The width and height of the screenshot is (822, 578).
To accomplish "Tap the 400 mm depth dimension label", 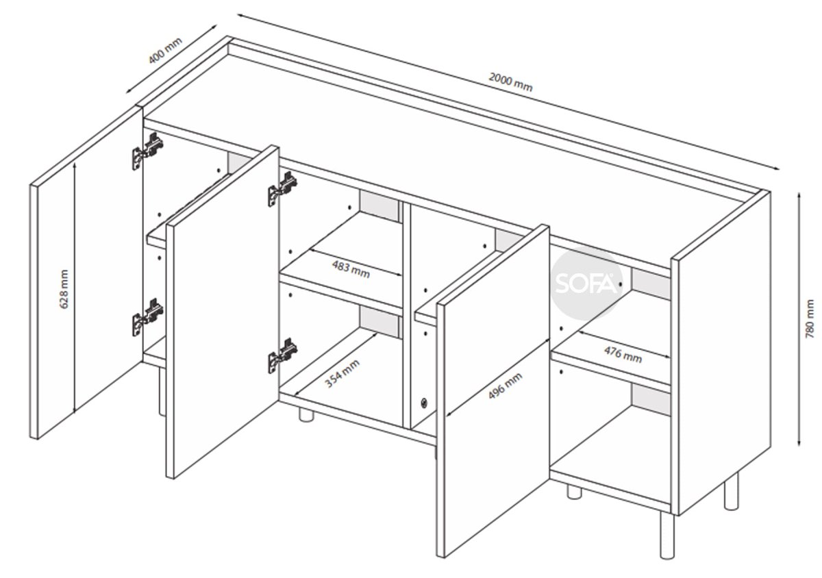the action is pos(165,50).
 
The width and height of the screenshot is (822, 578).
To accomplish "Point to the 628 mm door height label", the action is pos(64,289).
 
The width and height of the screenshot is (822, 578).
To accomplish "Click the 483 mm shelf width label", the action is pos(351,269).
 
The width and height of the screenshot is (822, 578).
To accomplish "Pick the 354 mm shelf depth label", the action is pos(342,374).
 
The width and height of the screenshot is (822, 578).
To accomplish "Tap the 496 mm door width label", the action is pos(505,386).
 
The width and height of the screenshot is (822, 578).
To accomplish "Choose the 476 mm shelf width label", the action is pos(623,355).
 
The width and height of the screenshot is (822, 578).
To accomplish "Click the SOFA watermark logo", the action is pos(586,283).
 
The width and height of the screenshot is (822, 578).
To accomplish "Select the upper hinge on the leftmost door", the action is pos(147,151).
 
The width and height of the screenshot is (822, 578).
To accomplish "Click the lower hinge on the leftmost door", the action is pos(147,317).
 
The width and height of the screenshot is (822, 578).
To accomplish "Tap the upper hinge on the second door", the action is pos(282,188).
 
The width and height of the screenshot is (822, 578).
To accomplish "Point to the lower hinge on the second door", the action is pos(282,355).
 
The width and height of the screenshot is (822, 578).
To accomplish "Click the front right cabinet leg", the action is pos(667,535).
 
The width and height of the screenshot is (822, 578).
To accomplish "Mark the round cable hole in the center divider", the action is pos(424,403).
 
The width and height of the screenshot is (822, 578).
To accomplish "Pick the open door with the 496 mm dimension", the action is pos(493,391).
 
